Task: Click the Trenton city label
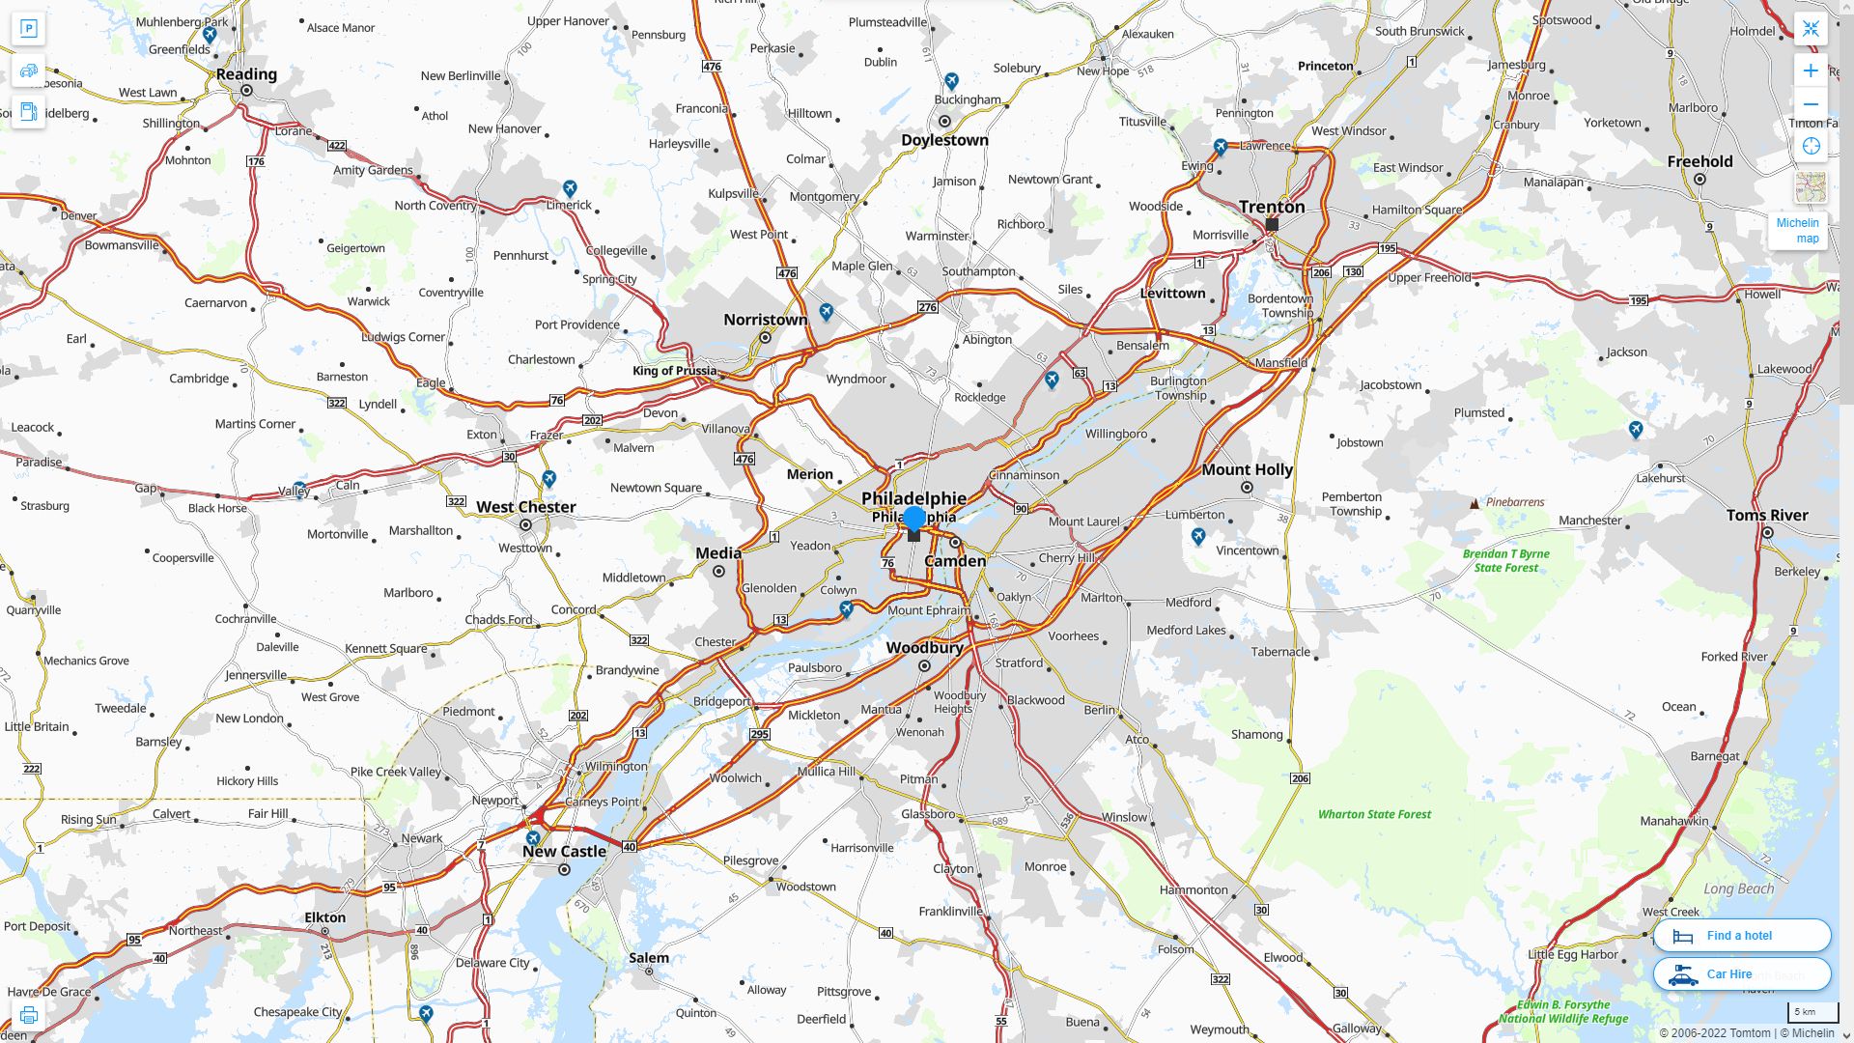tap(1272, 207)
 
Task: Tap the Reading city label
tap(246, 74)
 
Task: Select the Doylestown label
tap(944, 140)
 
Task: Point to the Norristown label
tap(765, 320)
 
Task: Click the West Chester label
tap(525, 507)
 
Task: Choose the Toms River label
tap(1767, 516)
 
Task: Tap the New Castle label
tap(564, 852)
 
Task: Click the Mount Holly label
tap(1247, 470)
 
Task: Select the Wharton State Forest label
tap(1374, 814)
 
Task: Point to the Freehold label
tap(1699, 162)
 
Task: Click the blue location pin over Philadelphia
tap(913, 520)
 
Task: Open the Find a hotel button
tap(1741, 936)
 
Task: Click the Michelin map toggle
tap(1797, 231)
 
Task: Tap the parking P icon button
tap(29, 29)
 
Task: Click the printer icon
tap(29, 1015)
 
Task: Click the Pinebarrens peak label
tap(1514, 502)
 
